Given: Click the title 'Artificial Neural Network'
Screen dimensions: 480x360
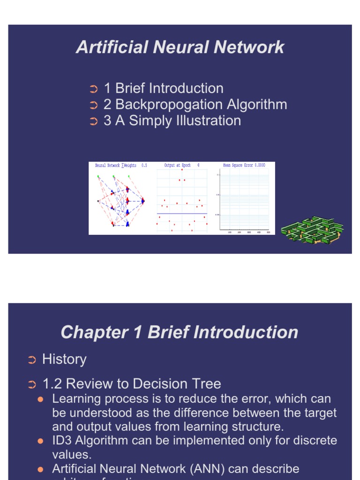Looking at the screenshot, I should [x=180, y=47].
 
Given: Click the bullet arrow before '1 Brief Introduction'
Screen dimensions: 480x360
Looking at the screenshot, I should [x=93, y=89].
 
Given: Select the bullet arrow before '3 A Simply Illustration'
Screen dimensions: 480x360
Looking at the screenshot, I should [x=93, y=121].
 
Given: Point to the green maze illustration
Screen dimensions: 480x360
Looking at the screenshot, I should [x=311, y=230].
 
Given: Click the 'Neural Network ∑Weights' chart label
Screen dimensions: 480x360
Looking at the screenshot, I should [x=116, y=165].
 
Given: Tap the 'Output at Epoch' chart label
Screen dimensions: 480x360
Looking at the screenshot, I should [x=178, y=165].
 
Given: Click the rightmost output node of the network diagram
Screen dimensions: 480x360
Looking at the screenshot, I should [x=143, y=201].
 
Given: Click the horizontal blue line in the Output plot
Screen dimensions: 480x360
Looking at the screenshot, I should [x=182, y=214].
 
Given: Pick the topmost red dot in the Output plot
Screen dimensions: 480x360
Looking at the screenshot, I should [x=182, y=170].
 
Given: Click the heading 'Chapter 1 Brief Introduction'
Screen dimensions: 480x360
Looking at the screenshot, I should [x=180, y=332].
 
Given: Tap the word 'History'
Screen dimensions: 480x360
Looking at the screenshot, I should [x=64, y=360].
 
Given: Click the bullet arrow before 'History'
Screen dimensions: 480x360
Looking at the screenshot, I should [x=31, y=360].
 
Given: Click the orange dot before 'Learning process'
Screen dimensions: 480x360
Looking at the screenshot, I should [x=40, y=399].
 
